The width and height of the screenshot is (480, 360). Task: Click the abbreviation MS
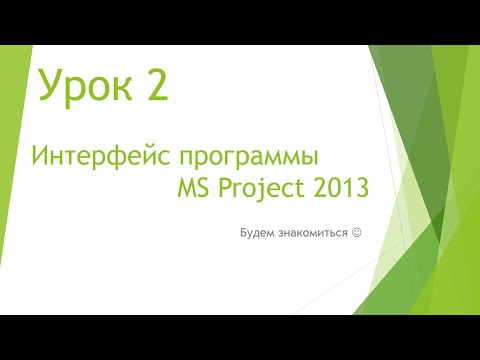pyautogui.click(x=194, y=188)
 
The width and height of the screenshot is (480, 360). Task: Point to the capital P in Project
pyautogui.click(x=229, y=188)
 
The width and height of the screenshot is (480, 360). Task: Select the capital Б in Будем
pyautogui.click(x=243, y=233)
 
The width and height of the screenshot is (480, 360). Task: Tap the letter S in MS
pyautogui.click(x=204, y=188)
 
